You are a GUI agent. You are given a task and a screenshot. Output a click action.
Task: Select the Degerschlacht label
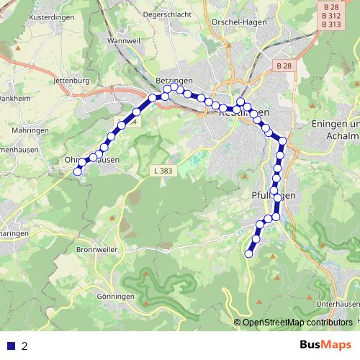coord(167,13)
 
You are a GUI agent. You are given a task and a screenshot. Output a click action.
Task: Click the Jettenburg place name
coord(71,80)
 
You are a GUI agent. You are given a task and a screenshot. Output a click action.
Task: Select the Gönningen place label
coord(114,296)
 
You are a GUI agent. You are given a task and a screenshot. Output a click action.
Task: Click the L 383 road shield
coord(163,171)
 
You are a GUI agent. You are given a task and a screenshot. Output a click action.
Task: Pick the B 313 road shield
coord(331,24)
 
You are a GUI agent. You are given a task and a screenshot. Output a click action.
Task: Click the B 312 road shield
coord(331,15)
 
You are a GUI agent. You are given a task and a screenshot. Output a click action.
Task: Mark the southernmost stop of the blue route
coord(249,253)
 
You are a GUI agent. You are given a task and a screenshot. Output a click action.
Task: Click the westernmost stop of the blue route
coord(78,171)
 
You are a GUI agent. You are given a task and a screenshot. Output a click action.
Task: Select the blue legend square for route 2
coord(12,346)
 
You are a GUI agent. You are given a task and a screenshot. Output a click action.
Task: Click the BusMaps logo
coord(325,345)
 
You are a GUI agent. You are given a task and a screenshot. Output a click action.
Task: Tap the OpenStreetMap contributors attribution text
coord(297,322)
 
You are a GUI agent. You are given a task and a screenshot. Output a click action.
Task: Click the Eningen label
coord(334,124)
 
